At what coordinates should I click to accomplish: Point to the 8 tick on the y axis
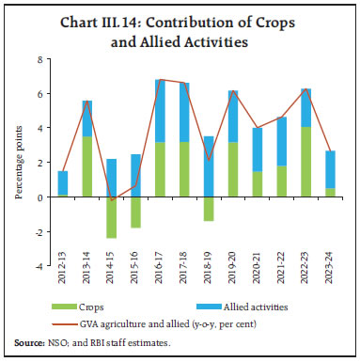click(x=40, y=59)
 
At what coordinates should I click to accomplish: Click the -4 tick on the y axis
click(x=39, y=266)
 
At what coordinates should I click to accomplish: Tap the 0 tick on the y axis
click(x=40, y=197)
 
